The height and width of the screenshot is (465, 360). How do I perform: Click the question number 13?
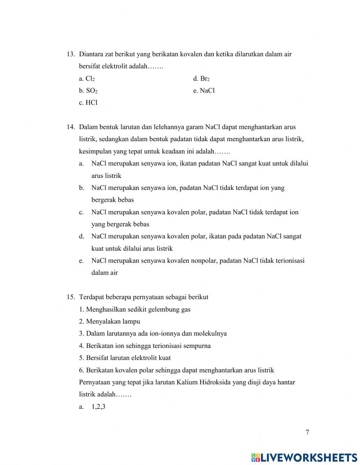point(70,54)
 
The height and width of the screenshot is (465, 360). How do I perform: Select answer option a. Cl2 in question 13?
point(87,79)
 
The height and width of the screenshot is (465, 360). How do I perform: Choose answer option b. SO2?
point(88,91)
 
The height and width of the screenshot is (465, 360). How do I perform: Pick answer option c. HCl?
point(88,103)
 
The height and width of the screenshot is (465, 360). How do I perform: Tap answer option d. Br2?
point(201,79)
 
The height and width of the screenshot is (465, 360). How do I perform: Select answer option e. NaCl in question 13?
point(204,91)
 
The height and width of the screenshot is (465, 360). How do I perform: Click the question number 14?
point(70,127)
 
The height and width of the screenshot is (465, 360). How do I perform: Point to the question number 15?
point(70,297)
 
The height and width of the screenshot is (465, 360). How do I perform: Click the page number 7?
point(307,433)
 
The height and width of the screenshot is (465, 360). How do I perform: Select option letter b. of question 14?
point(81,188)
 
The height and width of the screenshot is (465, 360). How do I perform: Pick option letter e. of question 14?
point(81,260)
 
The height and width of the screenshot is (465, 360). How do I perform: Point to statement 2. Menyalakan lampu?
point(109,321)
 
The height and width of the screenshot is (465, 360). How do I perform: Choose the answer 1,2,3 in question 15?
point(98,407)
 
